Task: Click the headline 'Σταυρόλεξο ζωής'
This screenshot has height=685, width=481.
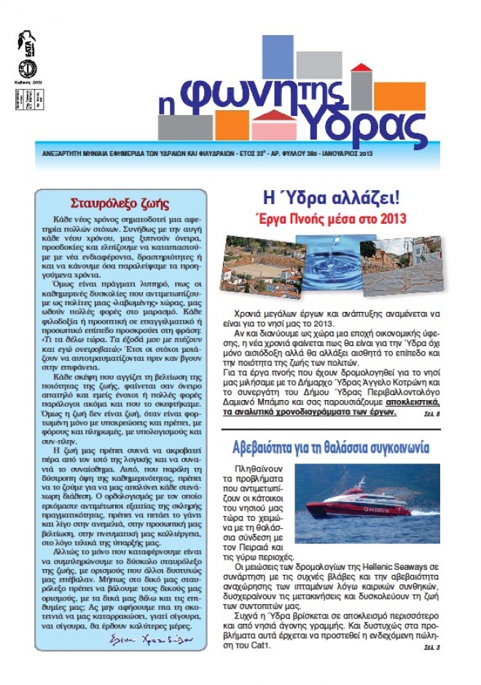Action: (120, 203)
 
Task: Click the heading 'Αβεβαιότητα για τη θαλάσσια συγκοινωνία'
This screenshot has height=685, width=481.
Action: (332, 447)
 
